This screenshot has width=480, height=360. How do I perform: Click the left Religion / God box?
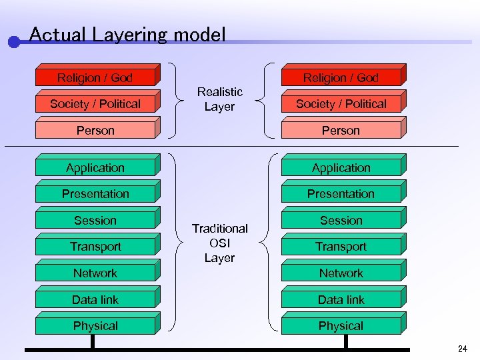coord(95,78)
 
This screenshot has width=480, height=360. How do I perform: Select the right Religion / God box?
coord(341,78)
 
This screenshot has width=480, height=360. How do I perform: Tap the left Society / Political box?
coord(95,104)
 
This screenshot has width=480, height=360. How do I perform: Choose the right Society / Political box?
coord(341,104)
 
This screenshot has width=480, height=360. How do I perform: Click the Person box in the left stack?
coord(95,131)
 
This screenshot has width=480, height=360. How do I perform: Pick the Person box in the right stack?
coord(341,131)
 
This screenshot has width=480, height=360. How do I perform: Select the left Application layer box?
coord(95,168)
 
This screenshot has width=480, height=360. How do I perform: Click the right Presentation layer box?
coord(341,194)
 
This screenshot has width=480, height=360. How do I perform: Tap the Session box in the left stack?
coord(95,221)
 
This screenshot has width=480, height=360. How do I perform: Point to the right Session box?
coord(341,221)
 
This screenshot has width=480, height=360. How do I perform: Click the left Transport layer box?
coord(95,247)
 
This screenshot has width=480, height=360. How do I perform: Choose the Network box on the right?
coord(341,273)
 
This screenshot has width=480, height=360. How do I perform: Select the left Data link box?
coord(95,300)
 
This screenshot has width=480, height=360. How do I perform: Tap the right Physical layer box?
coord(341,326)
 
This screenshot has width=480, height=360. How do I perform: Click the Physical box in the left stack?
coord(95,326)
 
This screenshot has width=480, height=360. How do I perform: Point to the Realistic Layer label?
coord(219,99)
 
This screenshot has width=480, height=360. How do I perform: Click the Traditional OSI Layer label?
coord(219,243)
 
